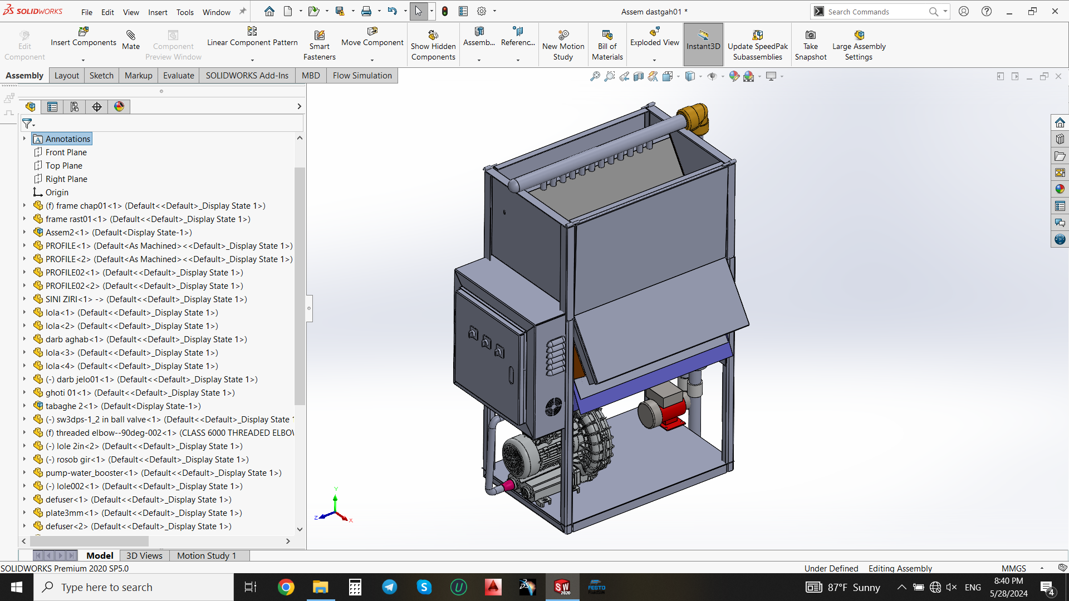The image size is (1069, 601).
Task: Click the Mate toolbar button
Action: coord(131,40)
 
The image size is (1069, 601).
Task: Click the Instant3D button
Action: coord(703,40)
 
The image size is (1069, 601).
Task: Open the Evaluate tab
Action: coord(178,76)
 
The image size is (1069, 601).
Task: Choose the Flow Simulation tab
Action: coord(362,76)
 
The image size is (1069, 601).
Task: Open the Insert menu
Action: coord(158,12)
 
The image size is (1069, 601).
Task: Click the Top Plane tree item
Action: coord(63,166)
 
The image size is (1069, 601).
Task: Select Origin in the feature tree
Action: coord(57,193)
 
